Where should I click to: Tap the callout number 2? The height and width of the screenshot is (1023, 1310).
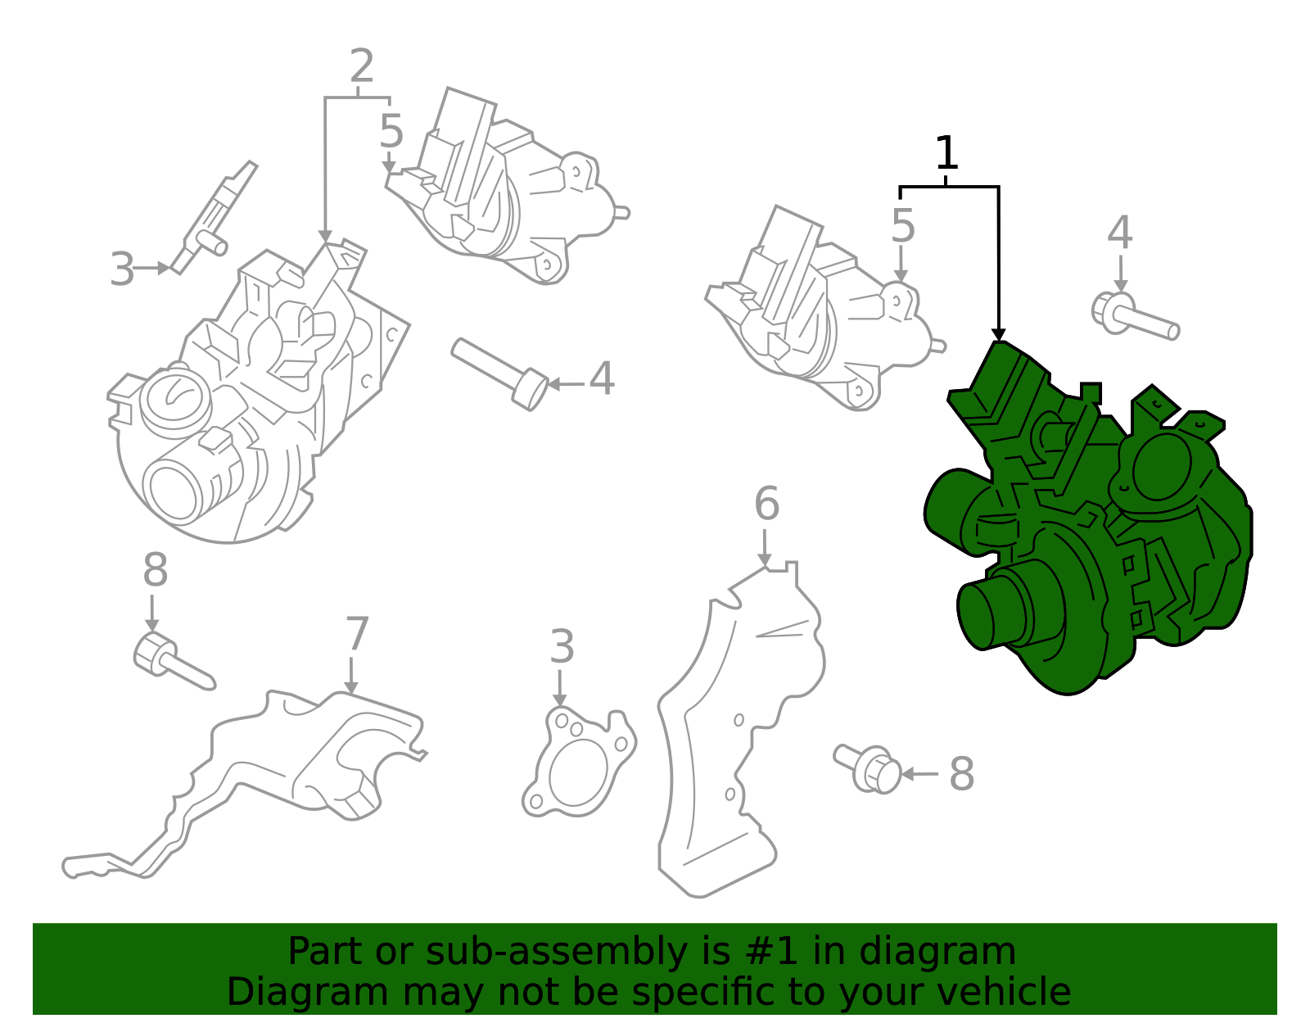point(361,66)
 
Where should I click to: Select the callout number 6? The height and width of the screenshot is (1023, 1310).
point(766,504)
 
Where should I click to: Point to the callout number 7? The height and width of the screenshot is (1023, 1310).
point(357,634)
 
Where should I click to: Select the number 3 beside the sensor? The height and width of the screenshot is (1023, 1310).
point(122,269)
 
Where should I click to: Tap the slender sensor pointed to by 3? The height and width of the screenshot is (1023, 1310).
point(214,217)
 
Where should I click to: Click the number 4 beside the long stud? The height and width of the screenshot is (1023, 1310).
point(602,379)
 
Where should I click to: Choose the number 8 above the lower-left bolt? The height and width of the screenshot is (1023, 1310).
point(155,570)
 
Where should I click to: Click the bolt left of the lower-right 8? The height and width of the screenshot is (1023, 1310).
point(868,768)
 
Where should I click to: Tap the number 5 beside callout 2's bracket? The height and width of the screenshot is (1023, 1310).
point(391,131)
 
